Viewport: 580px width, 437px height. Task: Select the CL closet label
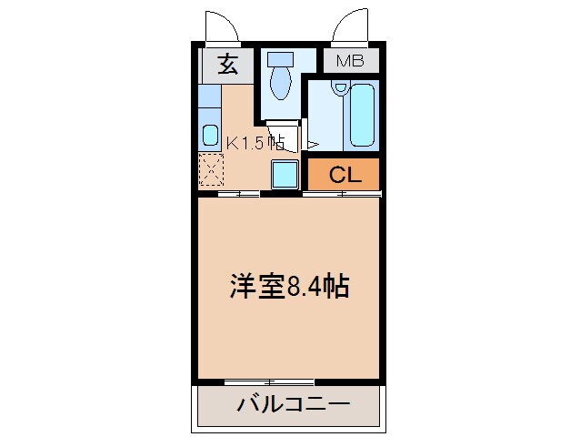(x=345, y=175)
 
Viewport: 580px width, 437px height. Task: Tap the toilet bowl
(x=280, y=85)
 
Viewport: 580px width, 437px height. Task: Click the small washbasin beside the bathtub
(x=340, y=88)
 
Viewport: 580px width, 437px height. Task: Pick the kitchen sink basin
(x=210, y=133)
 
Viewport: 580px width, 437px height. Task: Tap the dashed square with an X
(x=211, y=168)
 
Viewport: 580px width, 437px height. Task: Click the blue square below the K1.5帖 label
(x=285, y=173)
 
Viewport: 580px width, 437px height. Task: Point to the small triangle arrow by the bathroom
(x=311, y=144)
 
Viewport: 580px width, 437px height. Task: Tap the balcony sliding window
(x=269, y=380)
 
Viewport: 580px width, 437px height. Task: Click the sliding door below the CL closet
(x=342, y=193)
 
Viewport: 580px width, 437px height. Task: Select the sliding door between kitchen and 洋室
(x=238, y=193)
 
